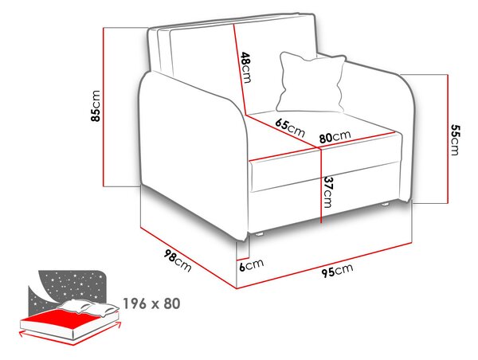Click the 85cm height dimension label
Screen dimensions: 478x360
point(96,106)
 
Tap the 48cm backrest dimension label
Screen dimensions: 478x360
point(246,68)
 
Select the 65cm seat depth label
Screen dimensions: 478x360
point(290,127)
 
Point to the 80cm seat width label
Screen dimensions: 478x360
point(335,136)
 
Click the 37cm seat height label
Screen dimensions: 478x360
point(327,192)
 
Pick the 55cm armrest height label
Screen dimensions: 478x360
point(455,139)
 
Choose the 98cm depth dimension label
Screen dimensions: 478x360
point(178,260)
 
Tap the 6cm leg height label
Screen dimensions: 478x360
point(251,264)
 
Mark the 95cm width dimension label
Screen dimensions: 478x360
point(337,270)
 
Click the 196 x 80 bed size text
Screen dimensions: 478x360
point(151,303)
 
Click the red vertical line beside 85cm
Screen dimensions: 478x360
point(104,107)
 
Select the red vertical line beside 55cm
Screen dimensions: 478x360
point(448,139)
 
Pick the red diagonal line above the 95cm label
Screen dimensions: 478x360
point(325,265)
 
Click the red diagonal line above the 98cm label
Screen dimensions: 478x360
point(188,258)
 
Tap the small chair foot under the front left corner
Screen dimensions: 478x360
point(259,234)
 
